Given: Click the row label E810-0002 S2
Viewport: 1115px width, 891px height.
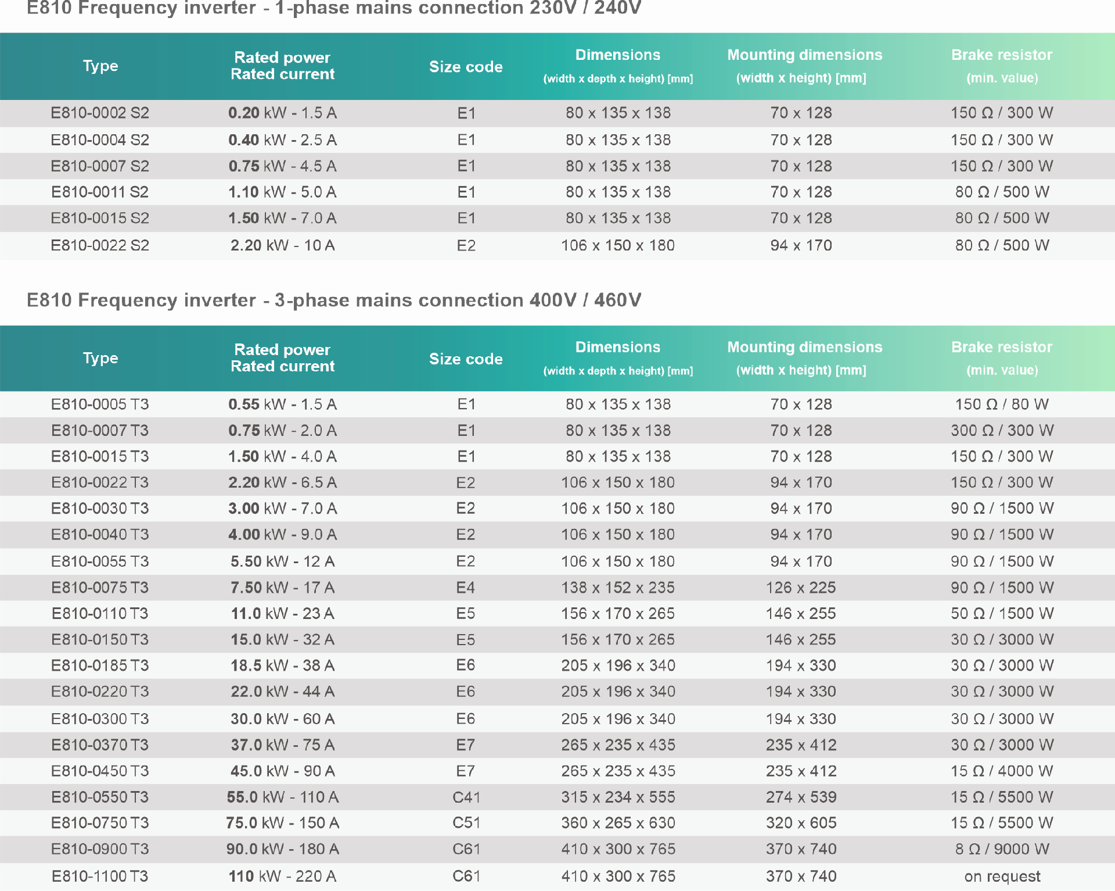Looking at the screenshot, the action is tap(100, 113).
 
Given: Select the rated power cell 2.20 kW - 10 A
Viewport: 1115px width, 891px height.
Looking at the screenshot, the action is tap(282, 245).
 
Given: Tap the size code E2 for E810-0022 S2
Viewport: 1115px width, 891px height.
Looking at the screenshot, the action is tap(466, 245).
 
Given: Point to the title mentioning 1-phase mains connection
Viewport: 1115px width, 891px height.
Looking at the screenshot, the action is tap(334, 8).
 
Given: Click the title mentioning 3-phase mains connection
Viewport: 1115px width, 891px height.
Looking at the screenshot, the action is tap(334, 300).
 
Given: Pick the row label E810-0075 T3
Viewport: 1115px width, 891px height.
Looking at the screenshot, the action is tap(100, 588).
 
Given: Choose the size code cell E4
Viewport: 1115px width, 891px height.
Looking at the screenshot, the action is tap(466, 588).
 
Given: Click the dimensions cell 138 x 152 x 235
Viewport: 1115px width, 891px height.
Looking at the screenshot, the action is tap(618, 588).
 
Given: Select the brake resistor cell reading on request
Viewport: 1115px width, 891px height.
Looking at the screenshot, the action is tap(1002, 876).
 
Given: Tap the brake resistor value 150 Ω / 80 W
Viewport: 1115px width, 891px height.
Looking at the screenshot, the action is tap(1002, 404).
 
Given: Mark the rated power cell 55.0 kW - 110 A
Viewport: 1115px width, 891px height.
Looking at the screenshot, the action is tap(282, 797).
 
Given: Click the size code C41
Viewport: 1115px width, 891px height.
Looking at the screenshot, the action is tap(466, 797).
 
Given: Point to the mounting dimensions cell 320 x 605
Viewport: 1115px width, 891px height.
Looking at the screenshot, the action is tap(801, 823).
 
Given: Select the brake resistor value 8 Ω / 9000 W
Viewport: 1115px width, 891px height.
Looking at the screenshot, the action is tap(1002, 849).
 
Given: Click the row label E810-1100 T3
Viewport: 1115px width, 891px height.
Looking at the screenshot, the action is tap(100, 876).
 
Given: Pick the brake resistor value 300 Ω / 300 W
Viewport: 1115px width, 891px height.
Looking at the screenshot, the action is tap(1002, 430).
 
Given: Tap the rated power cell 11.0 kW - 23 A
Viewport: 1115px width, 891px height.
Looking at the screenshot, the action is tap(282, 613).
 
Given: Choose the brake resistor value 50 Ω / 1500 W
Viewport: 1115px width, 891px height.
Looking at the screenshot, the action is tap(1002, 613).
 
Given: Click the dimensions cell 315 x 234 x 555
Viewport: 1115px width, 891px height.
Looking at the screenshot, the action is tap(618, 797).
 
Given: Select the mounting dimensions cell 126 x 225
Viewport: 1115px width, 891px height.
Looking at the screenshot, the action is tap(801, 588).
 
